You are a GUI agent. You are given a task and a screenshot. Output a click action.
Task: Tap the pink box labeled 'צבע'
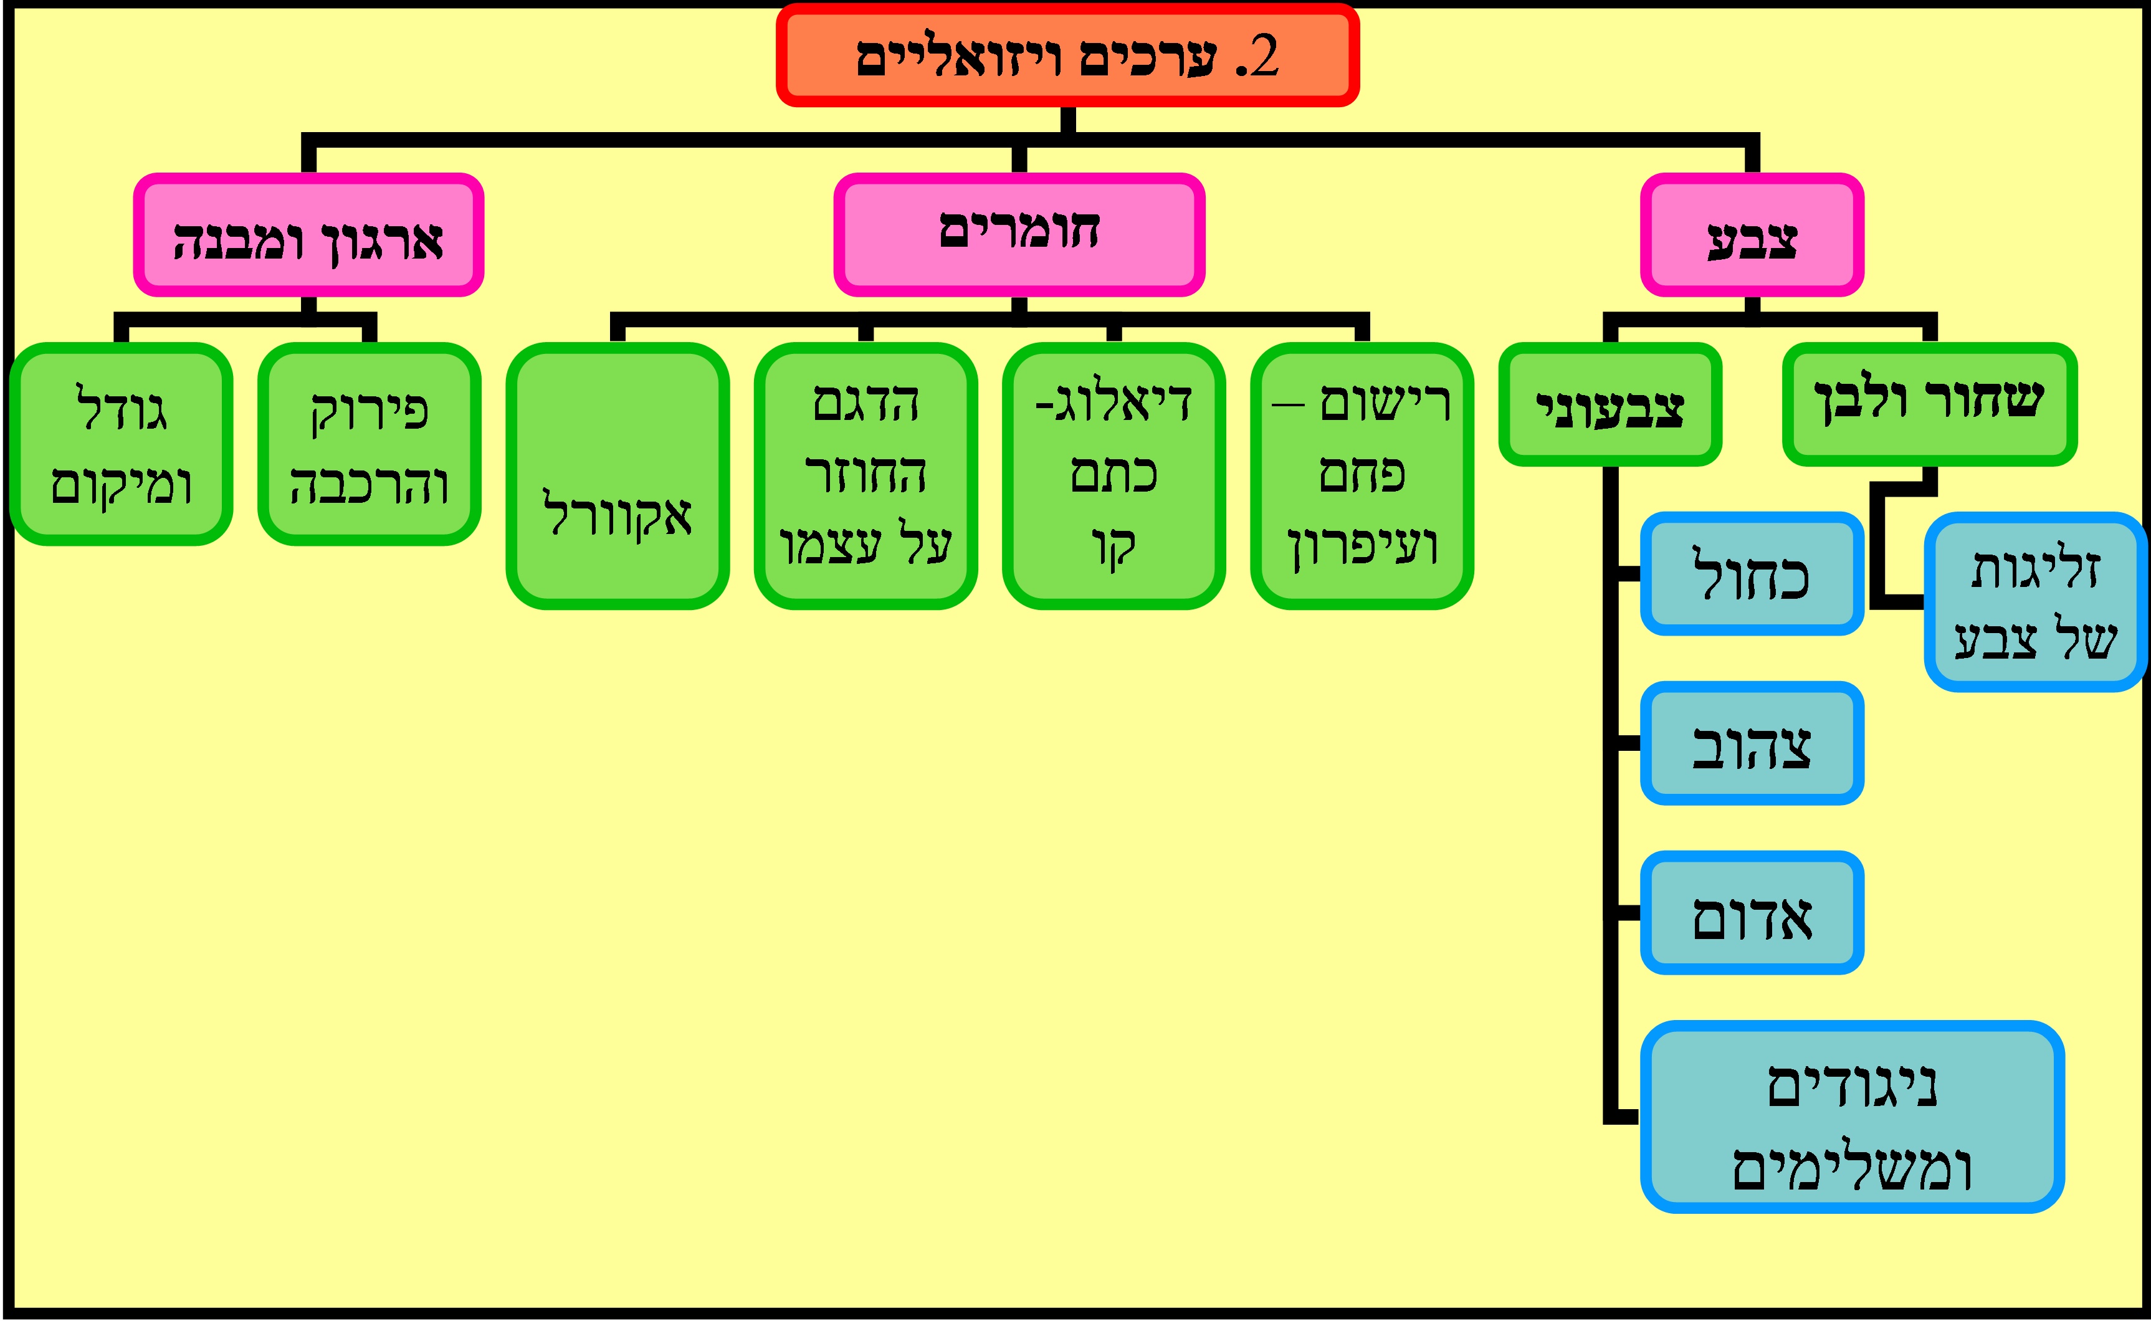pyautogui.click(x=1752, y=235)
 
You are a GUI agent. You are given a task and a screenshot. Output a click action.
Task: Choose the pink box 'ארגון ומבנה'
pyautogui.click(x=308, y=235)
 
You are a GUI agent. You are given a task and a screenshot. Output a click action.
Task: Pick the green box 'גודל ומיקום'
pyautogui.click(x=122, y=444)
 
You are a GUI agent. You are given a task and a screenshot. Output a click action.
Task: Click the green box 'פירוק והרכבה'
pyautogui.click(x=369, y=444)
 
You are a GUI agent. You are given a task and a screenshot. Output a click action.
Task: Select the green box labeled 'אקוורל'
pyautogui.click(x=617, y=476)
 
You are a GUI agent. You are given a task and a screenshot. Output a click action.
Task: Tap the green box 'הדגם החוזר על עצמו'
pyautogui.click(x=865, y=476)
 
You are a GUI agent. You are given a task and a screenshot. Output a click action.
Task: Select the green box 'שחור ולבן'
pyautogui.click(x=1929, y=404)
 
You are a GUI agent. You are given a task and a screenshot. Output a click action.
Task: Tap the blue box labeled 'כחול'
pyautogui.click(x=1752, y=574)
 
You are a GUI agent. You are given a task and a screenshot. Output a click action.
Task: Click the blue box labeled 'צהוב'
pyautogui.click(x=1752, y=743)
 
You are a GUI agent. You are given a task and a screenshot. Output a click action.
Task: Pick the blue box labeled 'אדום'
pyautogui.click(x=1752, y=913)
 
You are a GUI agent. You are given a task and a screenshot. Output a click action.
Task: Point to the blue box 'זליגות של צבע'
pyautogui.click(x=2035, y=602)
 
